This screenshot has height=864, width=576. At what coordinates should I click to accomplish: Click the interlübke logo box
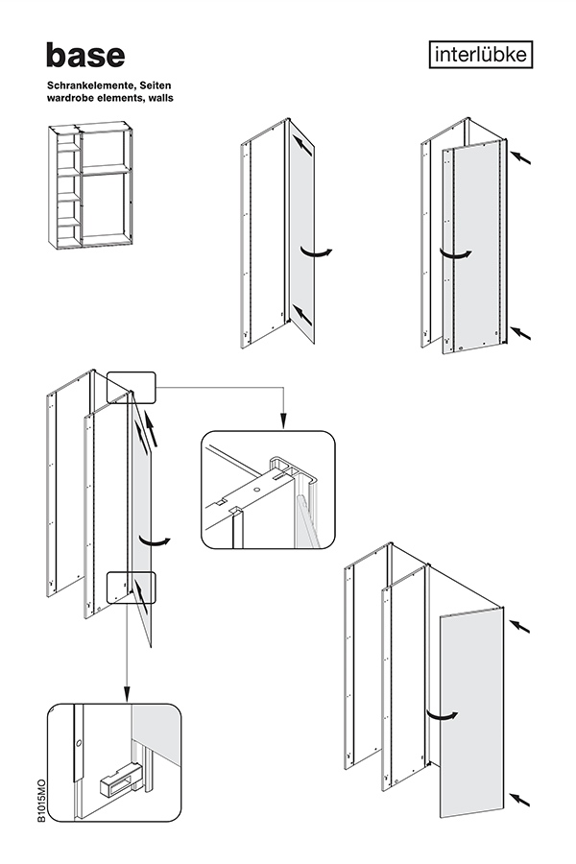[480, 56]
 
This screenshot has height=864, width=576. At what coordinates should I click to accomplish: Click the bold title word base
[84, 56]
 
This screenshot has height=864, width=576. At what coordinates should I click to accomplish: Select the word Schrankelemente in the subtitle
[89, 86]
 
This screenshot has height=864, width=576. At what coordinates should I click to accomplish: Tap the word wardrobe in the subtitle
[71, 99]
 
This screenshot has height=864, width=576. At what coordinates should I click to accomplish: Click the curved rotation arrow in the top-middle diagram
[318, 252]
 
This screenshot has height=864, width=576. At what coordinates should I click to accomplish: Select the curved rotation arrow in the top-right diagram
[456, 252]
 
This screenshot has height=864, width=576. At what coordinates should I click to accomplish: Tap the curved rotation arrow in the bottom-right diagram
[442, 714]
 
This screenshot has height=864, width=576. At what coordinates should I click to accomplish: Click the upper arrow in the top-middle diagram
[301, 145]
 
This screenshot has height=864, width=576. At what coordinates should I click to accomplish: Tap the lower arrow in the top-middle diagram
[301, 313]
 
